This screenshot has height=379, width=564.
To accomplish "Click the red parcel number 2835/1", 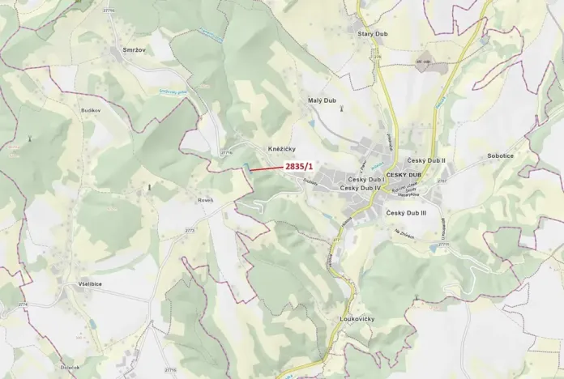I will pos(299,166).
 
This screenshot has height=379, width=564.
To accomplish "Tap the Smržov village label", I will pos(135,50).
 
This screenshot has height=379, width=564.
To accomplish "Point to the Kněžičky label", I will pos(282,150).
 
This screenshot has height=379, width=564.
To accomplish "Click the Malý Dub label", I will pos(323,100).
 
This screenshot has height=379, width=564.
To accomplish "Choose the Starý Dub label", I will pos(374,34).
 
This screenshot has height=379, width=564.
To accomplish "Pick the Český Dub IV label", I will pos(361,188).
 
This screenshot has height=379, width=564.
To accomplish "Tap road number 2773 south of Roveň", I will pos(190,230).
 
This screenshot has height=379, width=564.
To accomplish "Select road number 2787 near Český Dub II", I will pos(442,181).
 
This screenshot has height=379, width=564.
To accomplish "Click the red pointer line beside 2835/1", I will pos(266,168).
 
